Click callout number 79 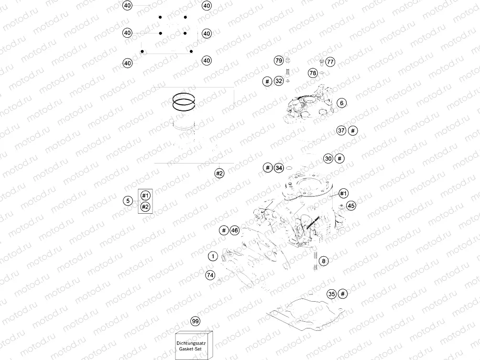click(279, 61)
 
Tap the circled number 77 click(330, 62)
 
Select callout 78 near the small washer click(313, 73)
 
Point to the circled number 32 click(279, 81)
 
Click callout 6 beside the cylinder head click(341, 103)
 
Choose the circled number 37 click(341, 131)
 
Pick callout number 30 click(328, 158)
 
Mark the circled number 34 click(279, 168)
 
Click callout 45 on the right click(351, 206)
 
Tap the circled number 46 click(234, 230)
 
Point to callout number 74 click(210, 275)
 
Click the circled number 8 click(324, 261)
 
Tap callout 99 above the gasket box click(195, 321)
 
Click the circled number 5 click(128, 201)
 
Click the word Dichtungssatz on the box click(194, 342)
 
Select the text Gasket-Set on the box click(194, 349)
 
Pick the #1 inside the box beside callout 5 click(146, 196)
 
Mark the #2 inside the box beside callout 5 click(146, 207)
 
